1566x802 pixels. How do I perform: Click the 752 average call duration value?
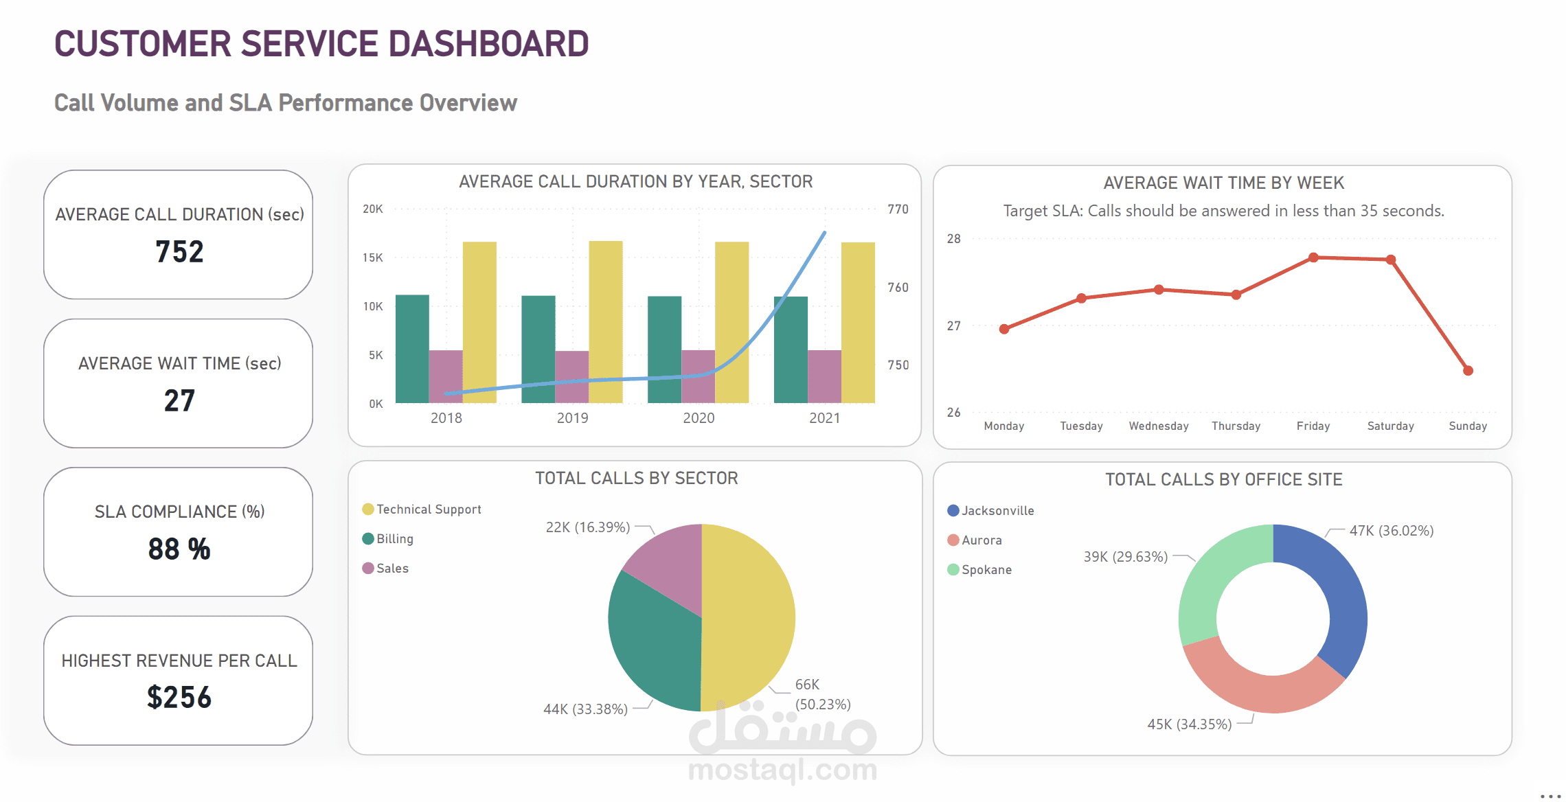[x=179, y=252]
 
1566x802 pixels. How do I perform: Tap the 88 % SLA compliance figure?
[x=179, y=549]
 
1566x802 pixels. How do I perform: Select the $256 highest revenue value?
[x=179, y=698]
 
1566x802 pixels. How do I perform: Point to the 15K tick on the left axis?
[x=373, y=257]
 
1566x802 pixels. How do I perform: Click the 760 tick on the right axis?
[x=898, y=288]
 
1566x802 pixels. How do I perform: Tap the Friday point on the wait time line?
[x=1313, y=257]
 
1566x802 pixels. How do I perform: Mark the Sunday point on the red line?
[x=1468, y=371]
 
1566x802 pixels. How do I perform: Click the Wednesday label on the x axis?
[x=1159, y=426]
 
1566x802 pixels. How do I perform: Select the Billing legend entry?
[x=394, y=539]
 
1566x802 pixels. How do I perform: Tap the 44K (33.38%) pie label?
[x=585, y=709]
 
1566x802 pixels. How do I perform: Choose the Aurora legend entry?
[x=981, y=540]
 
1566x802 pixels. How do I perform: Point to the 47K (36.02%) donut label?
[x=1391, y=531]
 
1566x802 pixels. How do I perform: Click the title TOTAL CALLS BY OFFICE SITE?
[x=1223, y=479]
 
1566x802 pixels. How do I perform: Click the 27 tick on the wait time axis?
[x=953, y=326]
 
